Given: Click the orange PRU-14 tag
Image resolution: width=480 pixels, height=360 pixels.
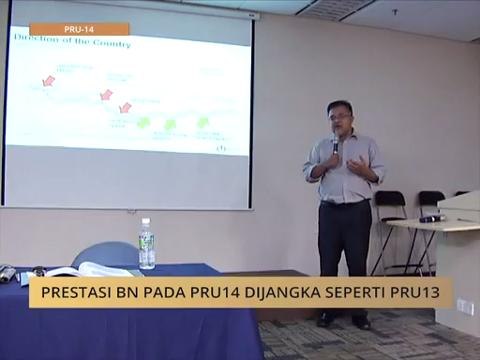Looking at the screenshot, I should pyautogui.click(x=79, y=29).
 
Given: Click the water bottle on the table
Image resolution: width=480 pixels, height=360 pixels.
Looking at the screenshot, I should pyautogui.click(x=147, y=244).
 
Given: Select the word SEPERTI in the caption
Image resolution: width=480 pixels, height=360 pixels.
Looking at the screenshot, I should pyautogui.click(x=354, y=293).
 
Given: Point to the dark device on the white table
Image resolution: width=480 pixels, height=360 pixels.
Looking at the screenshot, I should pyautogui.click(x=431, y=217).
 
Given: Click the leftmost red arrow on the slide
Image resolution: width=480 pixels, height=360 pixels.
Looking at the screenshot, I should pyautogui.click(x=47, y=80).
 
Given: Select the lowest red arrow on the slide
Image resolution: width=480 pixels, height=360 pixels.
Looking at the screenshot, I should pyautogui.click(x=125, y=107).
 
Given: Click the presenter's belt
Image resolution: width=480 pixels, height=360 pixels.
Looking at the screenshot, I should pyautogui.click(x=345, y=202).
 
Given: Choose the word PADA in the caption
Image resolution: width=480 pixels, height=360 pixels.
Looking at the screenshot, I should pyautogui.click(x=180, y=293).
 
